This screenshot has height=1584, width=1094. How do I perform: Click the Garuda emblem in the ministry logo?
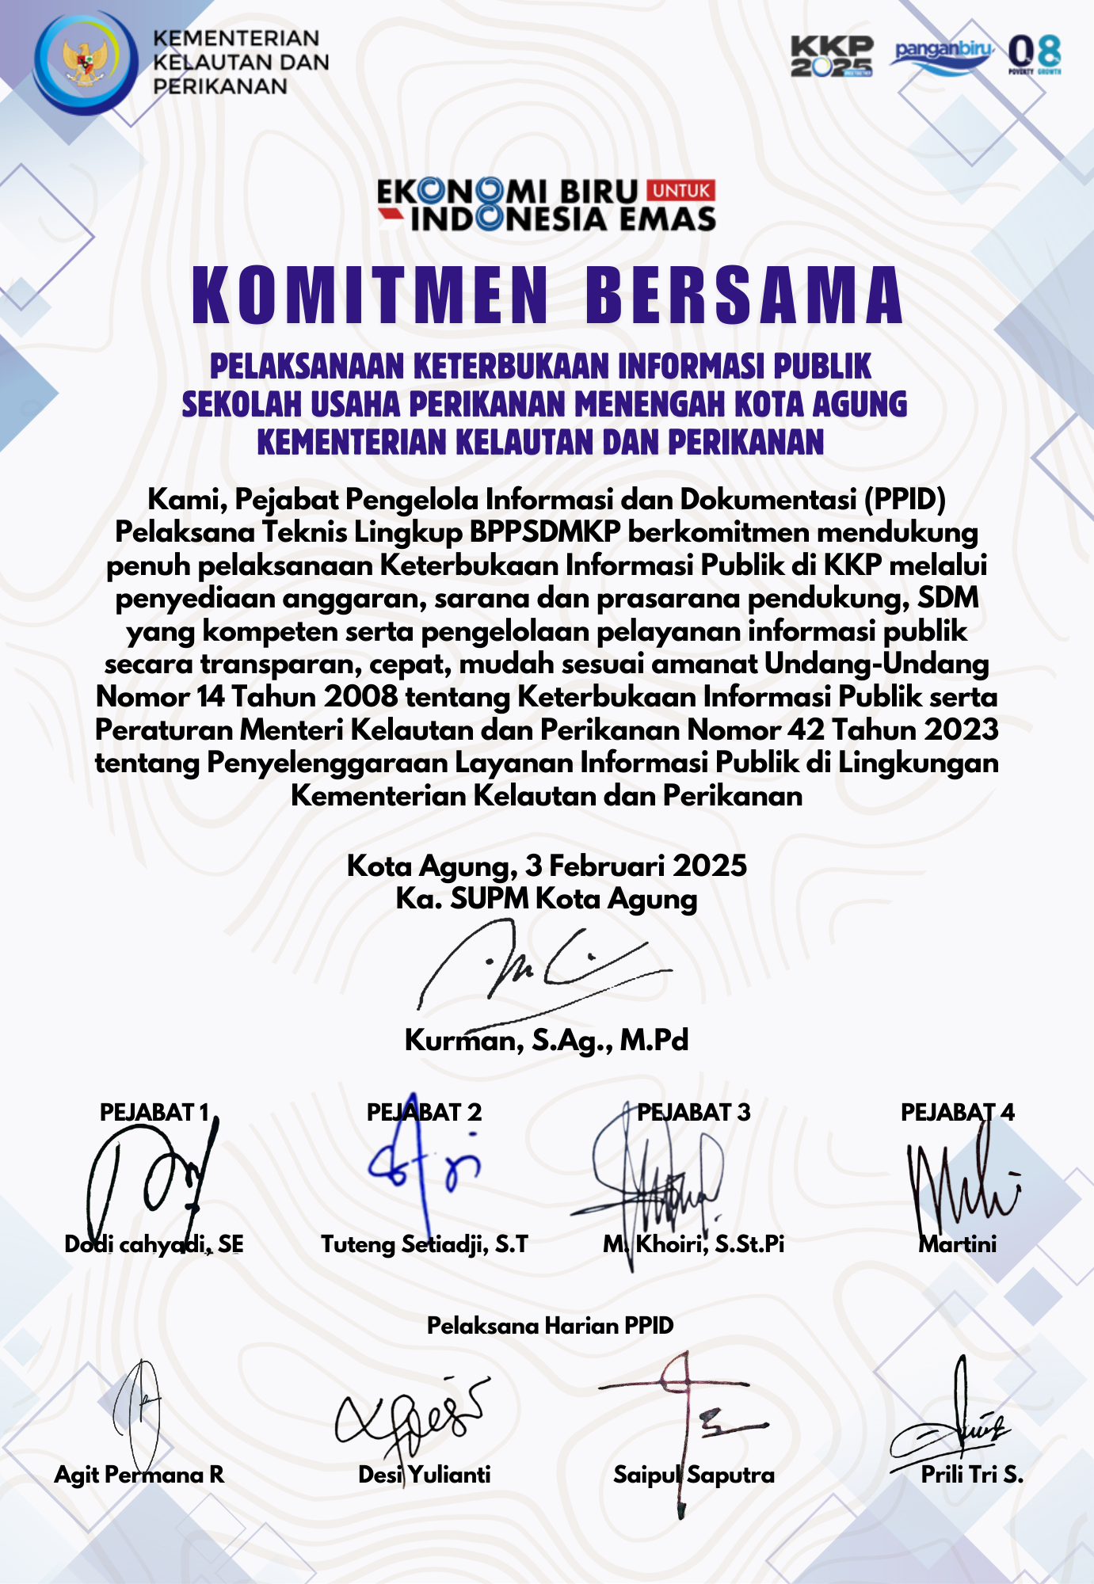[x=86, y=63]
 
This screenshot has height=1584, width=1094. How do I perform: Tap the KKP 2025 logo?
[x=832, y=56]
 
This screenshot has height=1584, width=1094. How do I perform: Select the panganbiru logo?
[x=943, y=55]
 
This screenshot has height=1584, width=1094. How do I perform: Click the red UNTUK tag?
[x=681, y=190]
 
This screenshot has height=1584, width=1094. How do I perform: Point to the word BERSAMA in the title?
[x=744, y=295]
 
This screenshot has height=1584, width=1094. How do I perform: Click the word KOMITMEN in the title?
[x=371, y=295]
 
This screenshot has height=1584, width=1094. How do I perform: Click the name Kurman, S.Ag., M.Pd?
[x=547, y=1040]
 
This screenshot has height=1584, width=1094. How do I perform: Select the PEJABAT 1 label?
[x=154, y=1112]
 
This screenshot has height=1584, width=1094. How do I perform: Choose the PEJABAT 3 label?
[x=694, y=1112]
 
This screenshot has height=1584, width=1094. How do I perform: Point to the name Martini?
[x=958, y=1244]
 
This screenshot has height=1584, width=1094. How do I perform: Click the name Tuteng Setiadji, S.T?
[x=425, y=1244]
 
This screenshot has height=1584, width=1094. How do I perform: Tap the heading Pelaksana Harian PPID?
[x=550, y=1326]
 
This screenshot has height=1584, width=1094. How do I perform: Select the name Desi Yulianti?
[x=425, y=1475]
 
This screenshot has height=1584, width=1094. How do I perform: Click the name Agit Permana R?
[x=139, y=1475]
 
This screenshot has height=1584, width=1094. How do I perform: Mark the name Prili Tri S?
[x=972, y=1475]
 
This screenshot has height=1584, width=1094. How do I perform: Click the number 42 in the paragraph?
[x=806, y=729]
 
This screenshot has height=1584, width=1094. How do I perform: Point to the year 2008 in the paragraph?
[x=360, y=697]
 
